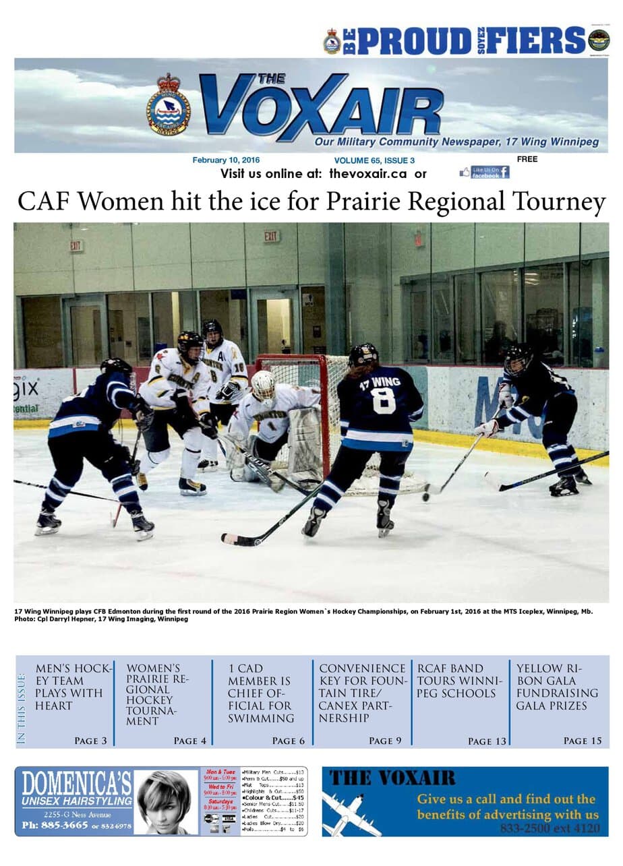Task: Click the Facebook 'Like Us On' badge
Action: (x=484, y=173)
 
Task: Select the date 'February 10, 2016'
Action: (x=226, y=160)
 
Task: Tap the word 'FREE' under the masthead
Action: (x=527, y=160)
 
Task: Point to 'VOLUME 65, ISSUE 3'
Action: (x=374, y=160)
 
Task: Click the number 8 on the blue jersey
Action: (x=382, y=400)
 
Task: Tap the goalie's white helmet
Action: (x=263, y=385)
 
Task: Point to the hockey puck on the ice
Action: (x=426, y=497)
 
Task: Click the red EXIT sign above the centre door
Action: (x=272, y=237)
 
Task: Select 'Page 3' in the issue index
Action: (x=90, y=741)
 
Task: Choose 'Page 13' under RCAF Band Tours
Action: (x=487, y=741)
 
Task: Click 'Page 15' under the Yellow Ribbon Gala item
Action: (x=583, y=741)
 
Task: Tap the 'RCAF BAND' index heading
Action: (x=450, y=669)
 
